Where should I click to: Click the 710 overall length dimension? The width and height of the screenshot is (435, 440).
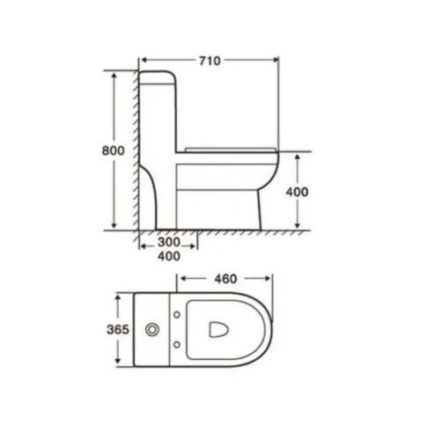point(209,60)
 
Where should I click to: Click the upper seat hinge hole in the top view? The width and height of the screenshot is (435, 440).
point(179,315)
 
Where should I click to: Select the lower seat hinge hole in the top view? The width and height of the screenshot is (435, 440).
point(179,345)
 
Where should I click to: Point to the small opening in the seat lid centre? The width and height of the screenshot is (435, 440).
point(220,330)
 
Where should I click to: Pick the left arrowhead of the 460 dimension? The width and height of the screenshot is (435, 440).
point(183,281)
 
